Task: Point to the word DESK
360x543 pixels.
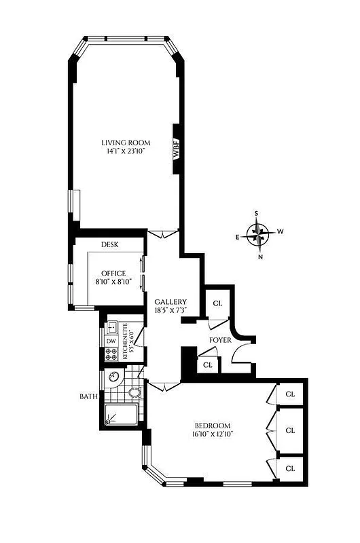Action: pos(110,244)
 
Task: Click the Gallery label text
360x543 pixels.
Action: pos(170,302)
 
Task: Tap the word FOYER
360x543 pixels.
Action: pos(221,339)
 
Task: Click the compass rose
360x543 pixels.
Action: pos(257,235)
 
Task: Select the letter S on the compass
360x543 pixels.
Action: pos(257,214)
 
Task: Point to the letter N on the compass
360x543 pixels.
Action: pos(261,257)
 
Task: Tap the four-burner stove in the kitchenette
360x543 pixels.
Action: pos(111,354)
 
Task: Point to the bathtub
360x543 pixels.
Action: pos(121,414)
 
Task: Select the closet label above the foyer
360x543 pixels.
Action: pos(218,303)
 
